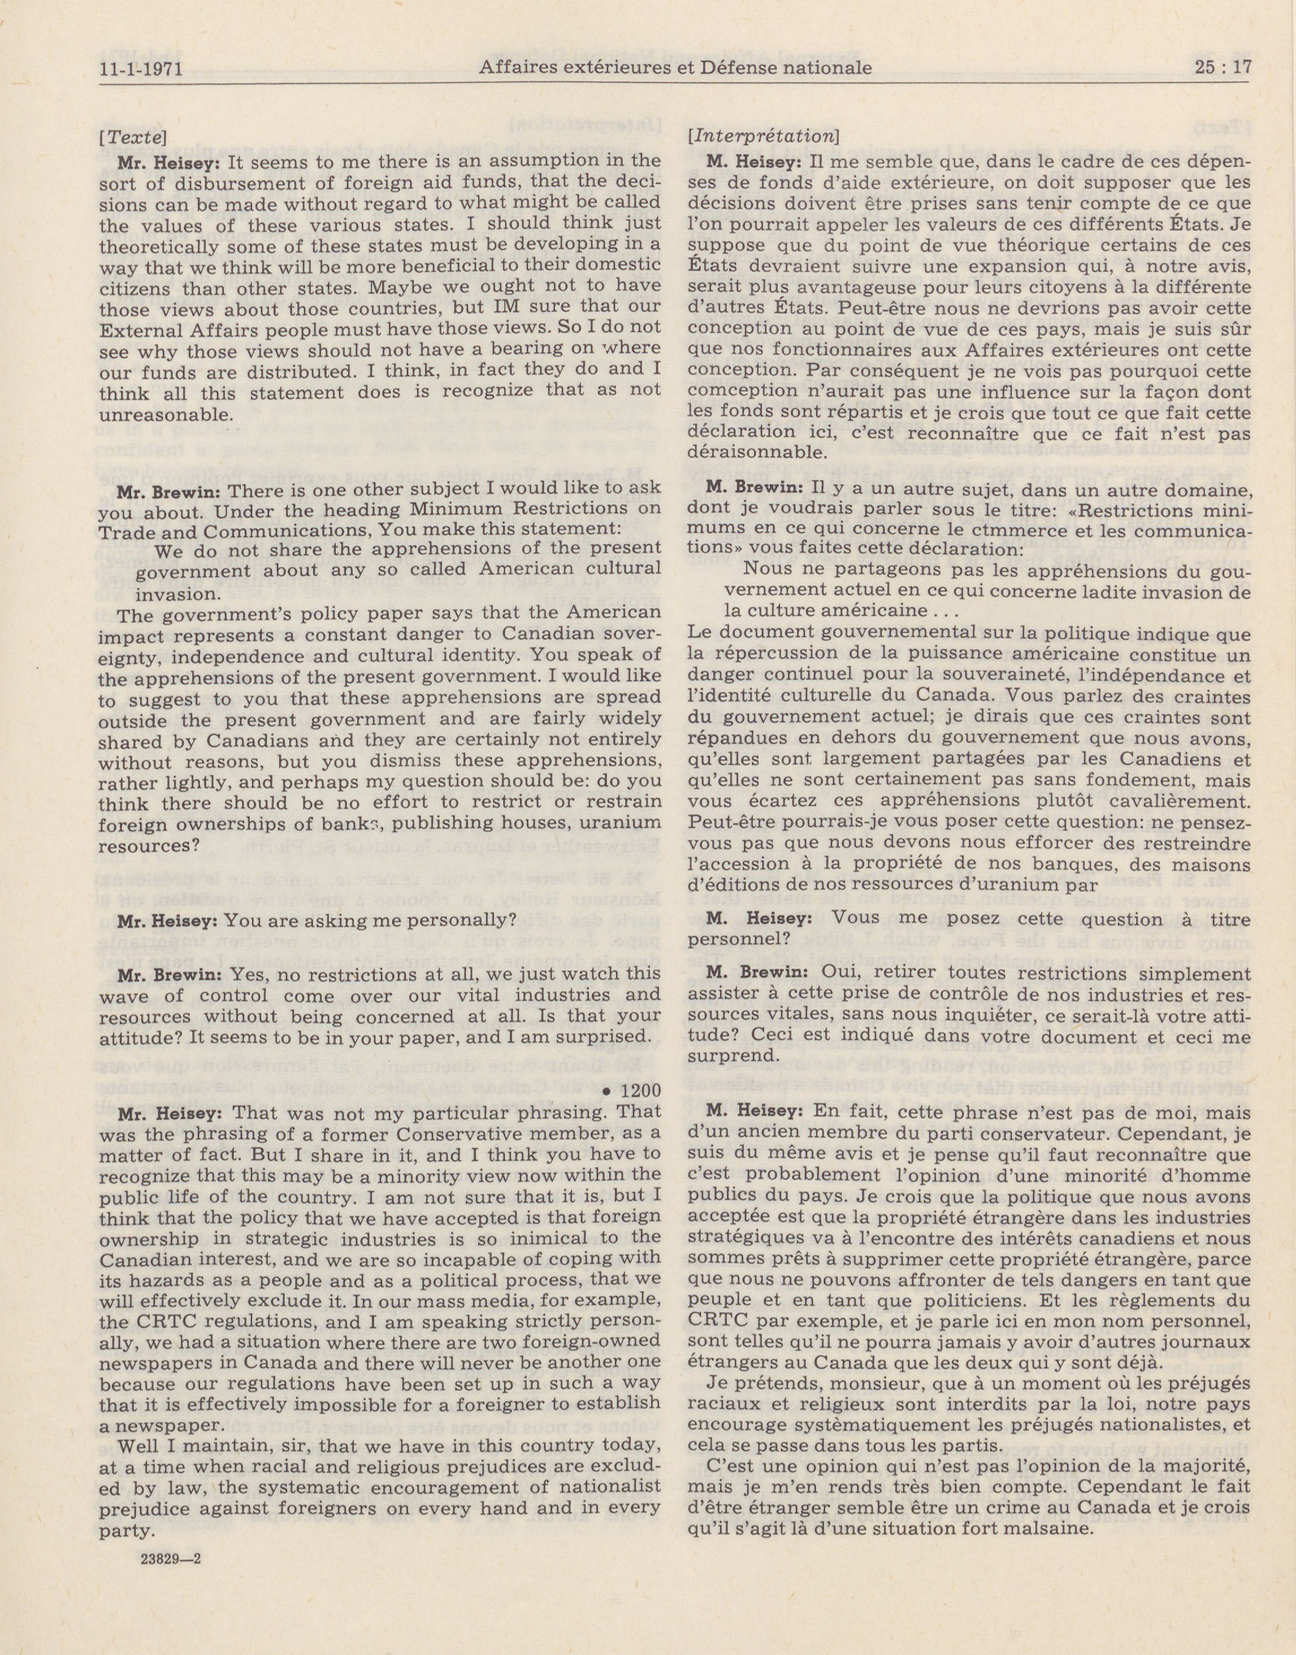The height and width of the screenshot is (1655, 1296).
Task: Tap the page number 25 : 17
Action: pyautogui.click(x=1221, y=68)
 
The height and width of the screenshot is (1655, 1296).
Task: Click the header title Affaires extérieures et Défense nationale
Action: pyautogui.click(x=675, y=68)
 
